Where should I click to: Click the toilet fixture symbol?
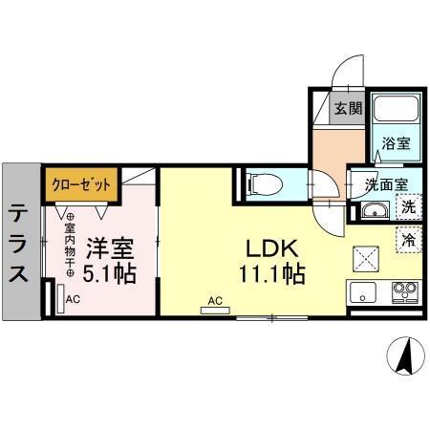(265, 183)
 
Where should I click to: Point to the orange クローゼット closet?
(80, 183)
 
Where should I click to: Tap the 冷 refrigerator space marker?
(408, 239)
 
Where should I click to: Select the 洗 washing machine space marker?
(408, 205)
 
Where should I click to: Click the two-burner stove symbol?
(401, 290)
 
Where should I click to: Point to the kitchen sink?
(364, 290)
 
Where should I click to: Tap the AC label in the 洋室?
(73, 299)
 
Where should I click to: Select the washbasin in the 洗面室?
(374, 210)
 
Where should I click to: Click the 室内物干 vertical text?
(69, 245)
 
